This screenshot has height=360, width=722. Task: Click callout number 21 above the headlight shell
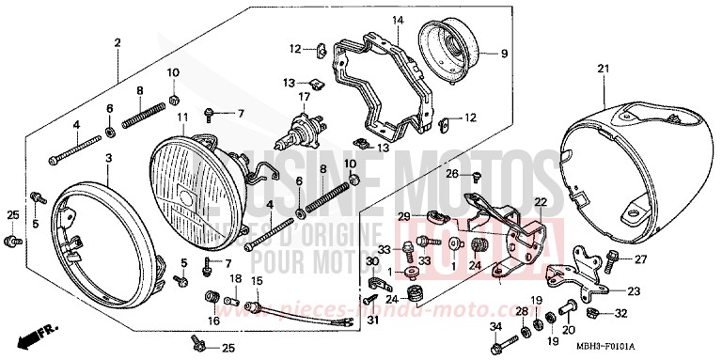pos(603,69)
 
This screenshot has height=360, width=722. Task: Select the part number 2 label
pos(118,44)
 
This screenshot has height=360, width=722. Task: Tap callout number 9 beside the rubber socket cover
pos(502,53)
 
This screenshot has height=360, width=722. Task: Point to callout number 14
pos(398,21)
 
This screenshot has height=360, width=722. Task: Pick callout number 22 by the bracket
pos(541,202)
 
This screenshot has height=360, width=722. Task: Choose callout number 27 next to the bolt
pos(641,260)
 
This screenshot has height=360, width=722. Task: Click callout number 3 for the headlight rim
pos(108,159)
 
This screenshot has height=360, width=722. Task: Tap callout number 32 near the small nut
pos(621,313)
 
